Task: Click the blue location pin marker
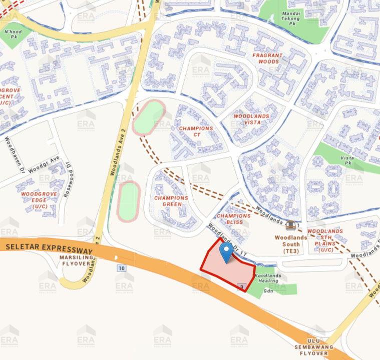pos(228,252)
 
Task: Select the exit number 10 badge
pos(121,268)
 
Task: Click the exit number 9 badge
pos(242,286)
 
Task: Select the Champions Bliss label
pos(233,219)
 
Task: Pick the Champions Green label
pos(171,201)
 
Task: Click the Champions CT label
pos(196,132)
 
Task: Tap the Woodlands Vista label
pos(251,119)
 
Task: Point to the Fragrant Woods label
pos(268,58)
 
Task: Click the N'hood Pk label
pos(13,34)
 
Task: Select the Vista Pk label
pos(347,160)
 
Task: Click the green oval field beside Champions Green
pos(128,201)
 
